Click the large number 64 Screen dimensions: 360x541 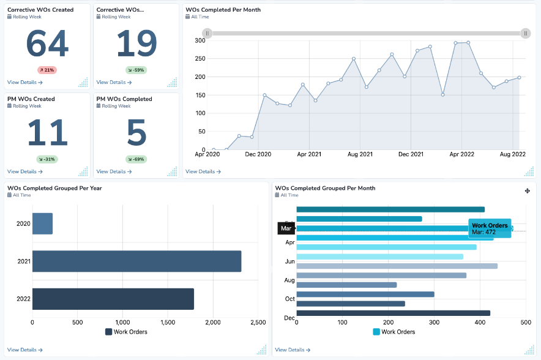click(x=47, y=44)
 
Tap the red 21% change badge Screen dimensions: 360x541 click(x=47, y=70)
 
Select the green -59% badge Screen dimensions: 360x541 click(x=136, y=70)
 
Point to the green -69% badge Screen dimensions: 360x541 click(x=136, y=159)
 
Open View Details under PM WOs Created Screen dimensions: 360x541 click(x=24, y=171)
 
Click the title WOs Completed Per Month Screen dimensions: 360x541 click(x=223, y=10)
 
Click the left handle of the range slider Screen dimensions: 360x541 click(x=207, y=33)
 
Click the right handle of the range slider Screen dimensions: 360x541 click(x=526, y=33)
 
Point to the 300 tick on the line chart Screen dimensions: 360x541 click(x=200, y=40)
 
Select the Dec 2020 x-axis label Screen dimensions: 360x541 click(x=258, y=155)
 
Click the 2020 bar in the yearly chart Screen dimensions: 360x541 click(x=42, y=223)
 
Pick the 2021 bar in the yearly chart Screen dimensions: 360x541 click(x=136, y=261)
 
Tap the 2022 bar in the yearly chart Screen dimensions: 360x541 click(x=113, y=299)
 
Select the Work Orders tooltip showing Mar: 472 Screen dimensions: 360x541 click(x=490, y=228)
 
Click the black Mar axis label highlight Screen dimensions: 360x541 click(x=286, y=228)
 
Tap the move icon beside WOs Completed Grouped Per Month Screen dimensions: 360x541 click(x=528, y=191)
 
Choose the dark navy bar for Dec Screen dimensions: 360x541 click(x=393, y=313)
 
